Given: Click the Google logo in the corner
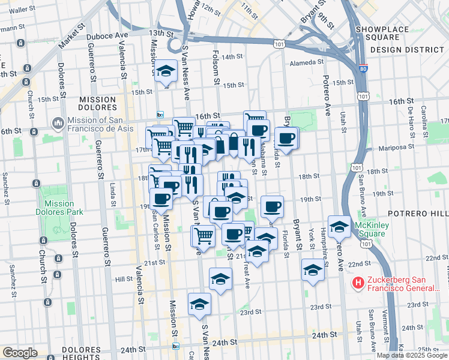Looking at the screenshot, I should pos(19,353).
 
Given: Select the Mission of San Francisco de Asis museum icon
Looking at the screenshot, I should pos(58,124).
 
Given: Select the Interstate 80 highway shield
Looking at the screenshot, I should pos(363,70).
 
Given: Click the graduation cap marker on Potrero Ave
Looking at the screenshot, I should pos(339,226).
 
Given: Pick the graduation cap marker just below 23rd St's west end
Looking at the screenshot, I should pos(199,304).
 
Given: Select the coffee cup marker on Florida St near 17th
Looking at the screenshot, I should pos(287,139).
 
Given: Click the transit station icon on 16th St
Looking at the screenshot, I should pos(160,115).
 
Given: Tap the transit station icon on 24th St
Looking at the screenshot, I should pos(176,346).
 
